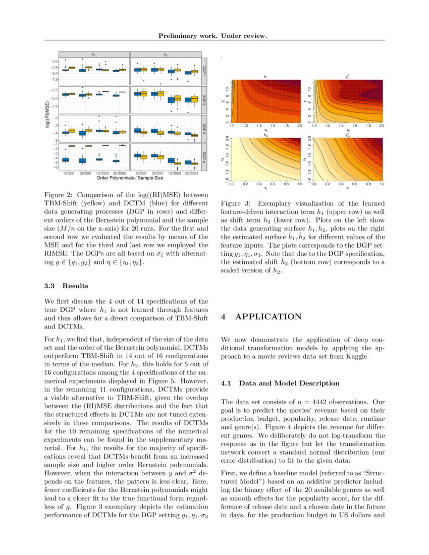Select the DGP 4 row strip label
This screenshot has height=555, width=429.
pyautogui.click(x=204, y=157)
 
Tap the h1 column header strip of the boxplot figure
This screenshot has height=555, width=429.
pyautogui.click(x=94, y=54)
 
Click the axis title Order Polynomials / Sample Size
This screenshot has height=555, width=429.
pyautogui.click(x=131, y=178)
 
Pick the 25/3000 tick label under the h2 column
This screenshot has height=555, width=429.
pyautogui.click(x=191, y=173)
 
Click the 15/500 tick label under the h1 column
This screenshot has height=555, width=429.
pyautogui.click(x=69, y=173)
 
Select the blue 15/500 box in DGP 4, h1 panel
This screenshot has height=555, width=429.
pyautogui.click(x=66, y=159)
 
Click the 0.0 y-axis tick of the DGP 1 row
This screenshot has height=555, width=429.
pyautogui.click(x=55, y=61)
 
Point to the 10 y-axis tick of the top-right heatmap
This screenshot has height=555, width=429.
pyautogui.click(x=306, y=88)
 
